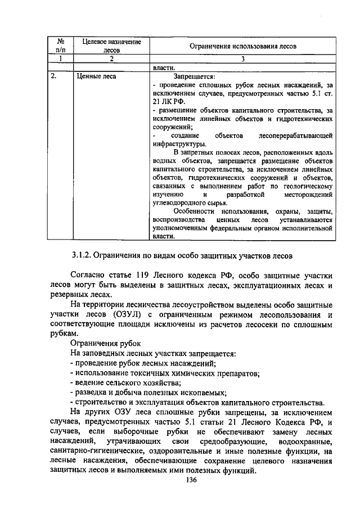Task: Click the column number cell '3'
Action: (242, 58)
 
